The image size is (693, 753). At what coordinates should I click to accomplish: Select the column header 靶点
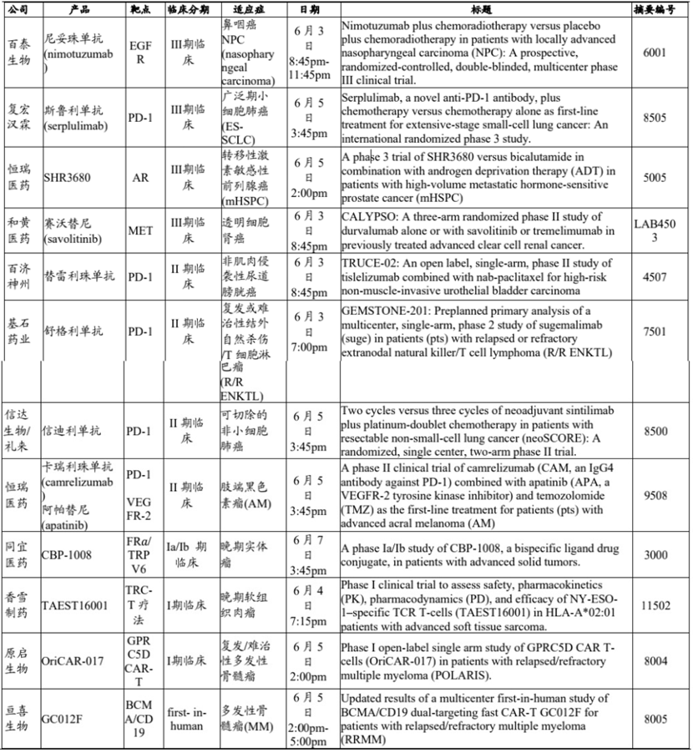pyautogui.click(x=139, y=8)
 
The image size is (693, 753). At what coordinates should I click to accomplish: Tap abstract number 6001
pyautogui.click(x=655, y=51)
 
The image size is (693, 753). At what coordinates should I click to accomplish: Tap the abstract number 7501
pyautogui.click(x=655, y=331)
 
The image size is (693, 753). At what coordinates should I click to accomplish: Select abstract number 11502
pyautogui.click(x=655, y=606)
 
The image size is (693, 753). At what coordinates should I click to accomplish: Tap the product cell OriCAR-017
pyautogui.click(x=73, y=660)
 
